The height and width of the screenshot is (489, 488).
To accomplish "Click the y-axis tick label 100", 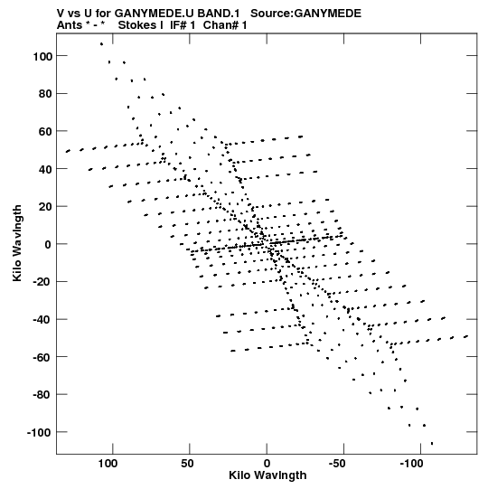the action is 42,56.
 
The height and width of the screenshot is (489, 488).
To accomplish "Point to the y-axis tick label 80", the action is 45,94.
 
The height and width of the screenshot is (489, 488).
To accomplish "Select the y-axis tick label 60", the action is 45,132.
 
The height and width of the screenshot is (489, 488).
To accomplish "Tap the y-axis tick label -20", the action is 42,282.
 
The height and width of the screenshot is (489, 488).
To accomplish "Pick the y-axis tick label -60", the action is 42,357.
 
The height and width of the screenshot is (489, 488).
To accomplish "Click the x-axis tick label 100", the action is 108,464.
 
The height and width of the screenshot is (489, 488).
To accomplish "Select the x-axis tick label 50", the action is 187,464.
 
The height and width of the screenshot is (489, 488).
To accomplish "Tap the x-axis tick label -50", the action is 337,464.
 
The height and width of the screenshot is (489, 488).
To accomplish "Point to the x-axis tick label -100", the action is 411,464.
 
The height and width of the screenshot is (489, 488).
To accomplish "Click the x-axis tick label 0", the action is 267,464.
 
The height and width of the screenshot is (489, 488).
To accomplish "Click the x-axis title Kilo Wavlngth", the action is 267,475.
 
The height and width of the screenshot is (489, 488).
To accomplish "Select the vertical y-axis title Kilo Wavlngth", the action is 17,243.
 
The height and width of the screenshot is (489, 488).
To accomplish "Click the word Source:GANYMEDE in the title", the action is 305,14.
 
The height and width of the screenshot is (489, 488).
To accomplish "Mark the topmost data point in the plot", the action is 101,44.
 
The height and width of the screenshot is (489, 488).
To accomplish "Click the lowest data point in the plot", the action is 432,443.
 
